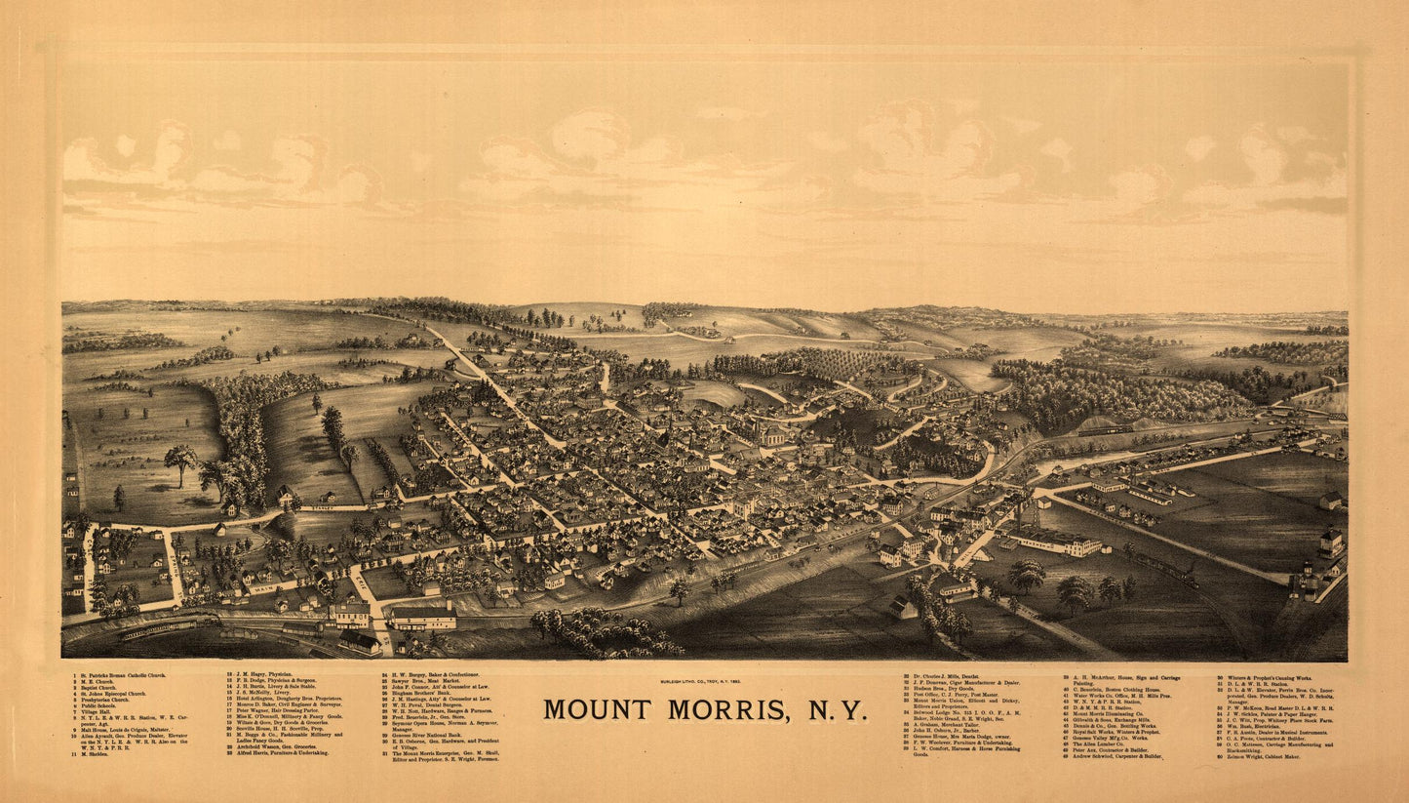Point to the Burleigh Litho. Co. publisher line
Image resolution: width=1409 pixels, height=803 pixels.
click(x=704, y=680)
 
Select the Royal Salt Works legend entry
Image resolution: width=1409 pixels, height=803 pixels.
click(x=1111, y=732)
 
